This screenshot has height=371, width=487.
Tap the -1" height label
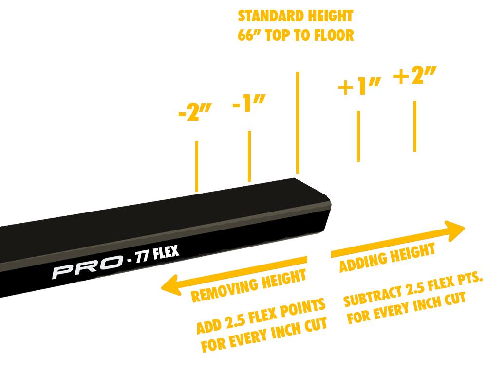coord(249,104)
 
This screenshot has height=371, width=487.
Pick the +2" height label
coord(415,76)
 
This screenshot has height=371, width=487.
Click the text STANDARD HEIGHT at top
coord(295,16)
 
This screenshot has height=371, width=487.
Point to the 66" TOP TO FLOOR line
coord(295,35)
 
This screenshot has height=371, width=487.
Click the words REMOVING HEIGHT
coord(249,286)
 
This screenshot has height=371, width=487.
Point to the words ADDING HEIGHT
coord(387,258)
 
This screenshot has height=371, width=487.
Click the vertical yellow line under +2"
coord(414,126)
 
